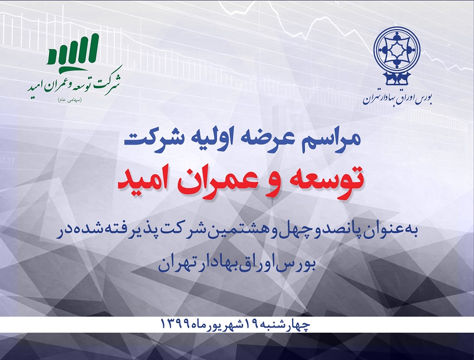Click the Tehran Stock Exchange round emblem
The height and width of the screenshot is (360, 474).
point(396,56)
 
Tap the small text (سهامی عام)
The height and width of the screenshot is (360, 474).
point(70,100)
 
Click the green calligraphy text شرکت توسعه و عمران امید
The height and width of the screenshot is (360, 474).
point(74,83)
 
